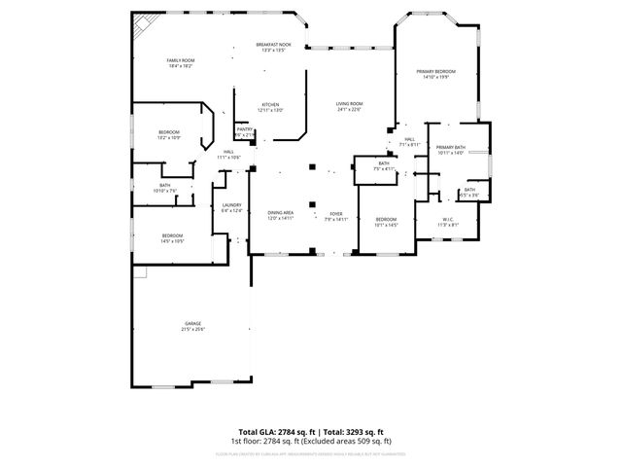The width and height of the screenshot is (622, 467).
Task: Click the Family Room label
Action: pos(181,60)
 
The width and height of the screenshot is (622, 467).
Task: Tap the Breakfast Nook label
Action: pos(273,45)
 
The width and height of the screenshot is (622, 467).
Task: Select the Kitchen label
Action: pos(270,105)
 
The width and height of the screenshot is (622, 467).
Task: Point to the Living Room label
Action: pos(349,104)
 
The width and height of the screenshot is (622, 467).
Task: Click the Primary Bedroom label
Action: pos(436,72)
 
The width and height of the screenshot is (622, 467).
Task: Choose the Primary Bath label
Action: pos(451,147)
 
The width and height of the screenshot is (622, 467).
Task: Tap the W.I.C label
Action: pos(448,219)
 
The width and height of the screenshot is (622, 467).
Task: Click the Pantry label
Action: pos(245,129)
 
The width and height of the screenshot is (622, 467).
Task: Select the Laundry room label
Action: pos(231,204)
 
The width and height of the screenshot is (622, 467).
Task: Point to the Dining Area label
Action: pos(281,213)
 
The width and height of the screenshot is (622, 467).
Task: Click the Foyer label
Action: pos(335,213)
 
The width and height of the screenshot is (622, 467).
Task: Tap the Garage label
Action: pos(192,323)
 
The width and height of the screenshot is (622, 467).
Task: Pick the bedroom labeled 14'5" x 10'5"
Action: pos(172,236)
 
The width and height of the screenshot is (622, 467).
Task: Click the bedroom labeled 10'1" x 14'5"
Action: pos(386,219)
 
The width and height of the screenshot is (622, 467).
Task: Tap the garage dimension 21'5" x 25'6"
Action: pos(192,330)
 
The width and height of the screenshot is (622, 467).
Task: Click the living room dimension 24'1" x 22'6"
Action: pos(349,110)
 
